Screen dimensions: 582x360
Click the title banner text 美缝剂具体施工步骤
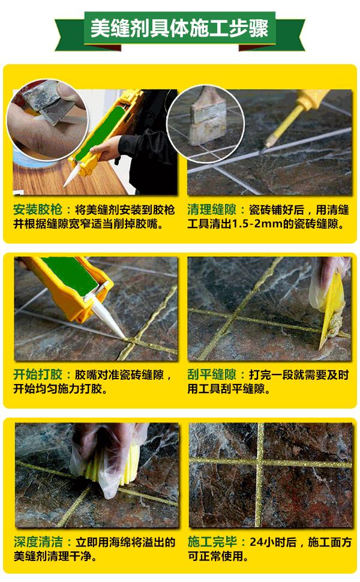[x=179, y=28]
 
